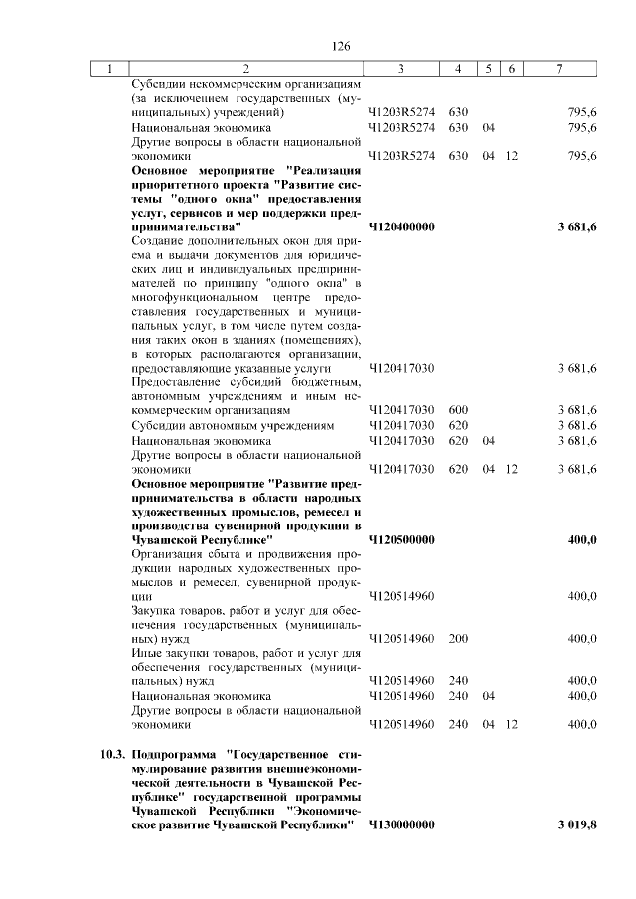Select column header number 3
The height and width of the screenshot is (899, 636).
point(400,69)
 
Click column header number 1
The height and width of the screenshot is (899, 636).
point(109,69)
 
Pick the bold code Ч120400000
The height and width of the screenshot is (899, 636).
point(401,227)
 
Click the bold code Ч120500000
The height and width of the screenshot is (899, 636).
point(401,539)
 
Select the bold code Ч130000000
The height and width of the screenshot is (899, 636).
point(401,825)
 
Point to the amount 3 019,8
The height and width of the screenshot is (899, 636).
point(577,825)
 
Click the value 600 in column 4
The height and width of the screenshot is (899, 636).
point(458,409)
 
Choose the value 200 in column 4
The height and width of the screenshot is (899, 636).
point(458,638)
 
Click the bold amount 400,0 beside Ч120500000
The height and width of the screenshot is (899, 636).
point(581,539)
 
